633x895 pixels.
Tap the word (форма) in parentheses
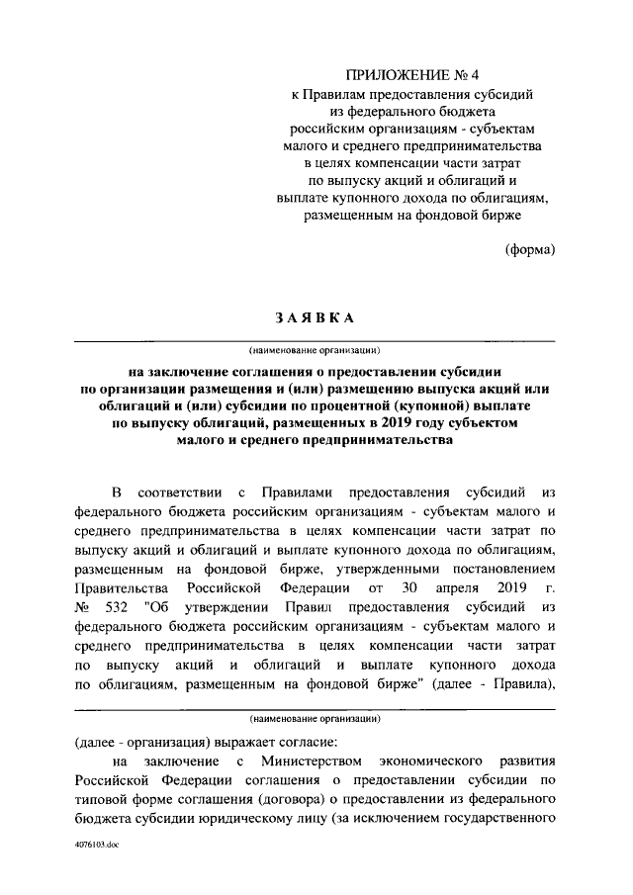(x=530, y=248)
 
